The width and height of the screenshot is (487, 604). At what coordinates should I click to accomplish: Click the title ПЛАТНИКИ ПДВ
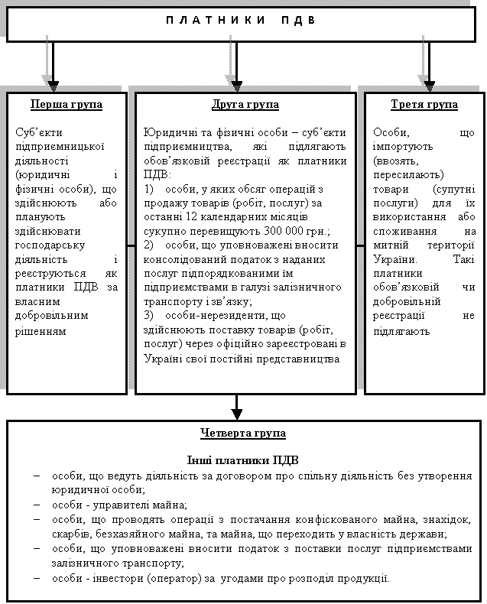pyautogui.click(x=241, y=20)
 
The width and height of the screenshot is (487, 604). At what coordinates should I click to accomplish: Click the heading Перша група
pyautogui.click(x=67, y=105)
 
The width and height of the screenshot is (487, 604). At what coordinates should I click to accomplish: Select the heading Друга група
pyautogui.click(x=245, y=105)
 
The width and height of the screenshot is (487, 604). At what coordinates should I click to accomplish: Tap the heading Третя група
pyautogui.click(x=424, y=105)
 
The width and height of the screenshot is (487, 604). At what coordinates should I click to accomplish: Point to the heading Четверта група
pyautogui.click(x=243, y=434)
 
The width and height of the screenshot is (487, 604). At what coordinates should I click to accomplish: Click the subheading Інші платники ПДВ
pyautogui.click(x=243, y=461)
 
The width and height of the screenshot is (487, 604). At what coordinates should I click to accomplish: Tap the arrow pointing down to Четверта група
pyautogui.click(x=237, y=409)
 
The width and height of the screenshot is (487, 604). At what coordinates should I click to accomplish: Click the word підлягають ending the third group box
pyautogui.click(x=401, y=331)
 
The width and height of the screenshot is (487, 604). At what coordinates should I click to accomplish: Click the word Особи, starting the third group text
pyautogui.click(x=391, y=132)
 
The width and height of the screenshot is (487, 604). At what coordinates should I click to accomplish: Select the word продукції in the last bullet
pyautogui.click(x=364, y=577)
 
